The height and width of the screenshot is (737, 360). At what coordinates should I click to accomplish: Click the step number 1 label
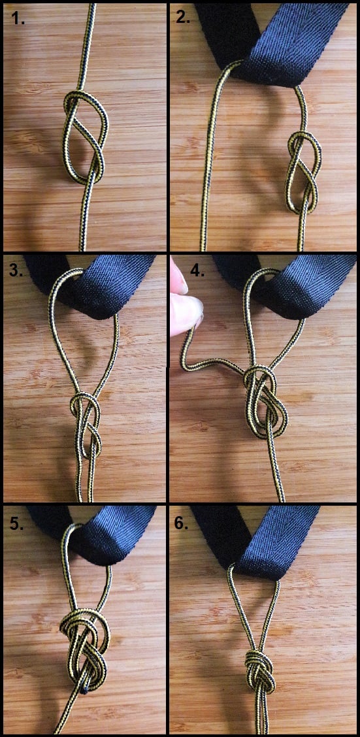[x=18, y=19]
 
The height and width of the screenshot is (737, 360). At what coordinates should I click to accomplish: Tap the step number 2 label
[x=184, y=18]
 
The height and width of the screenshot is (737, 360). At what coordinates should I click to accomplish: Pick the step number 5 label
[x=16, y=523]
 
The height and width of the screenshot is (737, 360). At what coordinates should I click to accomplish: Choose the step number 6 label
[x=181, y=523]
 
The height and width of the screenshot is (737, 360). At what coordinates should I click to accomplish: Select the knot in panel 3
[x=86, y=425]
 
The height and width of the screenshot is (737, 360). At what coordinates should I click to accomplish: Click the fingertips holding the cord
[x=185, y=301]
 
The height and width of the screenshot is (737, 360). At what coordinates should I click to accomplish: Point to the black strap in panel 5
[x=94, y=534]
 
